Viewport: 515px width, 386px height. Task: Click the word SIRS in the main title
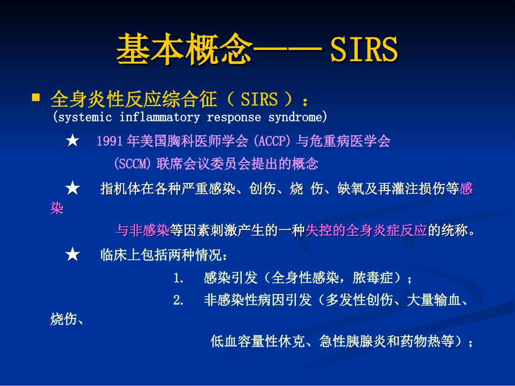point(364,50)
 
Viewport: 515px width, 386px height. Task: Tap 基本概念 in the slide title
point(184,50)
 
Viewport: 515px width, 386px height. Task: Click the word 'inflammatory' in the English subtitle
point(159,117)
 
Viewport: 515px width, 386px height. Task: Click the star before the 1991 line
point(72,142)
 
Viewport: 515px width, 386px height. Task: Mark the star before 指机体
point(72,189)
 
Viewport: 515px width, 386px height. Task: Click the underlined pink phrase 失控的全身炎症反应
point(366,231)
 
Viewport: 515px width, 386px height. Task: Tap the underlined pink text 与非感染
point(143,231)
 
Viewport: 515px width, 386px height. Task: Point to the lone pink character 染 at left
point(57,209)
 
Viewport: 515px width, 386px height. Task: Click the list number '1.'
point(179,279)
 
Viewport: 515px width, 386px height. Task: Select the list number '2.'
point(179,300)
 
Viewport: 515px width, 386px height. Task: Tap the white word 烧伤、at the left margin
point(66,320)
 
